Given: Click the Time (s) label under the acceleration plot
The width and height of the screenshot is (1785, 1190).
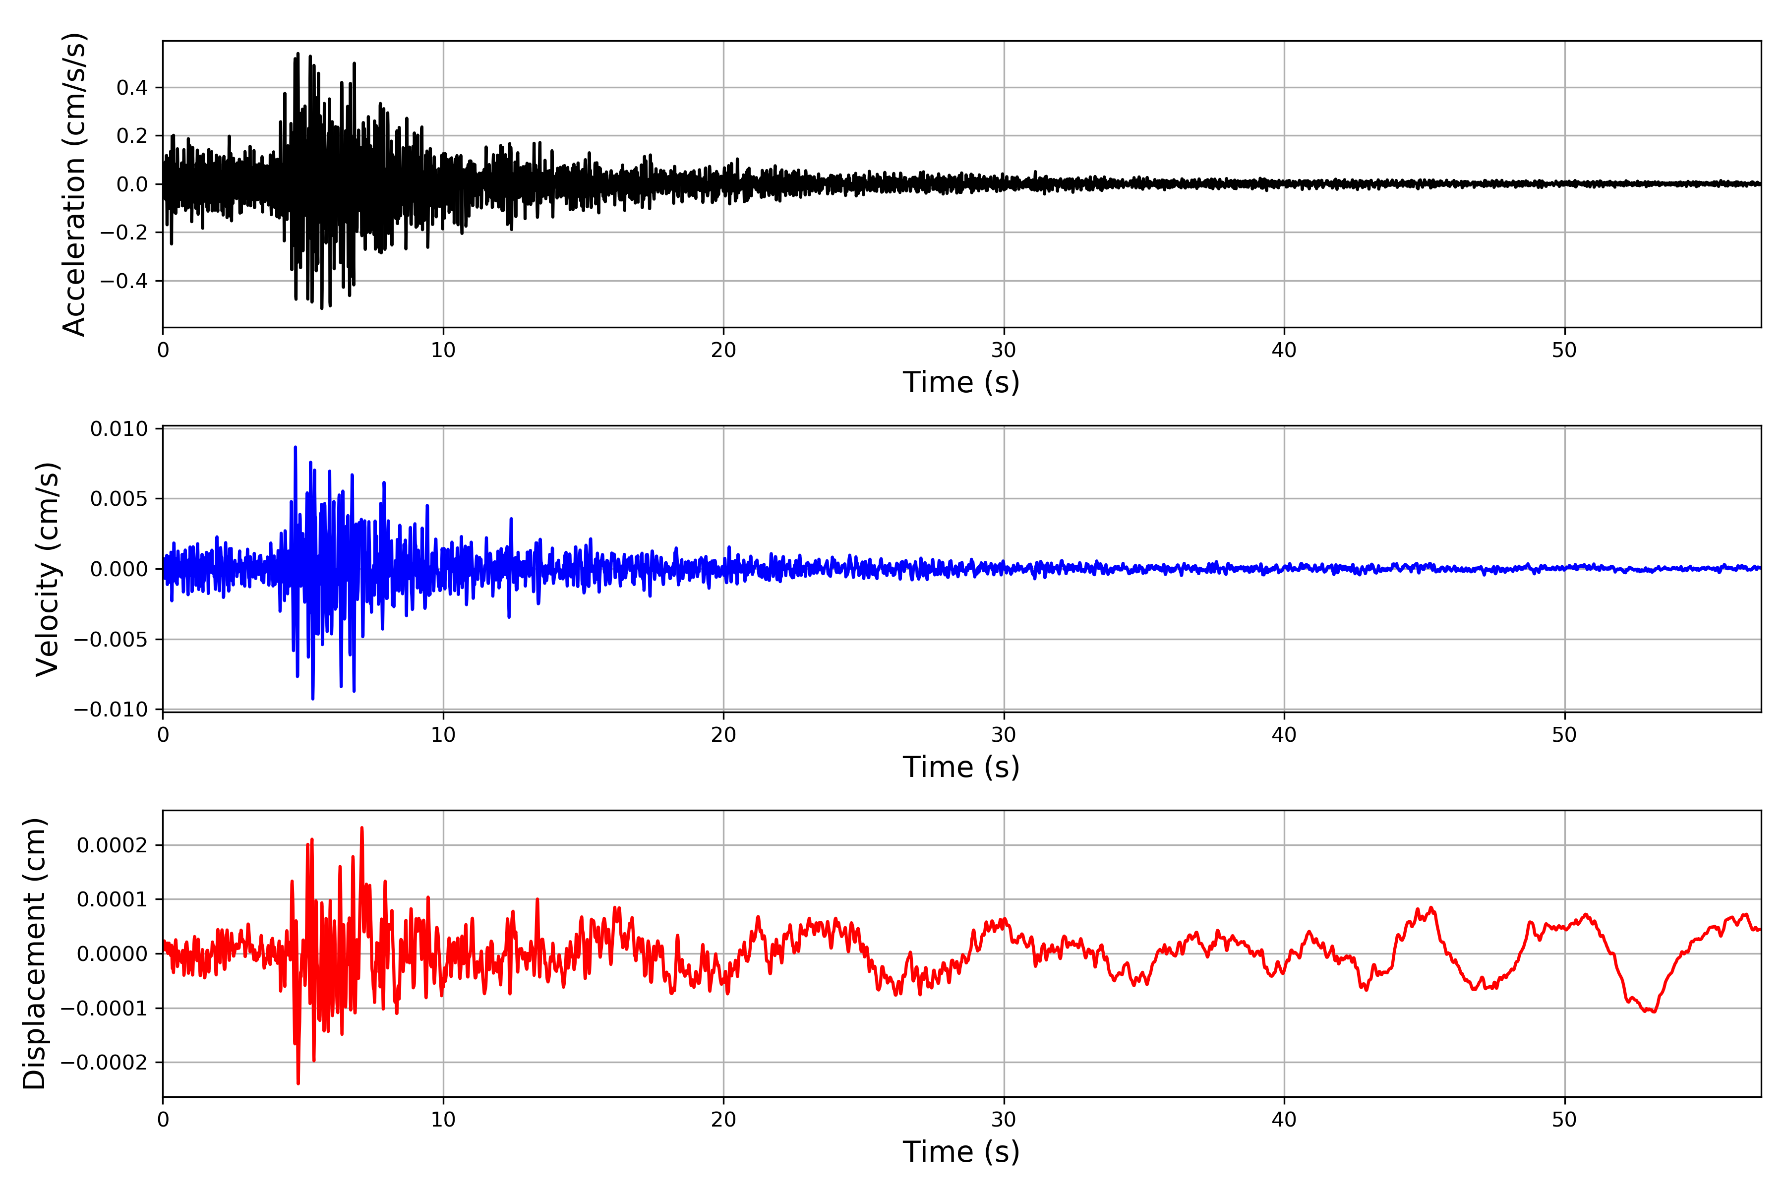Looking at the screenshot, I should [961, 382].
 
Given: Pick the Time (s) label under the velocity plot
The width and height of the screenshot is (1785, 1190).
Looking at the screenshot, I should [961, 767].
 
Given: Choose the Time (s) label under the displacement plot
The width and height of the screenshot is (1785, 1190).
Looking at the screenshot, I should [961, 1151].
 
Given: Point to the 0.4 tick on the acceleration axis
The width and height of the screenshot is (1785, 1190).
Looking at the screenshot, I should [132, 88].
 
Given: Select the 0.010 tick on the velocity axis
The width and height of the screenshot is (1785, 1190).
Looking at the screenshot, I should [119, 429].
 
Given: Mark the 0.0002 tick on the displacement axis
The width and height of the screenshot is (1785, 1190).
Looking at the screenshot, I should [113, 845].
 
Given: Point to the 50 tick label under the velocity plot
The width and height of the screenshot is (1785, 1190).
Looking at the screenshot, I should [1564, 735].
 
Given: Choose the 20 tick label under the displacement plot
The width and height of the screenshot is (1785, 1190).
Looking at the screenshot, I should [723, 1120].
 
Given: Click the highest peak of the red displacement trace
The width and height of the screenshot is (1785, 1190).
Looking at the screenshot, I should [362, 828].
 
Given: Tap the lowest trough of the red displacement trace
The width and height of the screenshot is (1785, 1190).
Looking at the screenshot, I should [298, 1083].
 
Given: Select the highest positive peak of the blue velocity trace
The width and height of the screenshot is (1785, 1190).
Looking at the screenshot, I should [295, 447].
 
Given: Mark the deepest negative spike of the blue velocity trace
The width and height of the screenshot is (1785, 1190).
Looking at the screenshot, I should [313, 698].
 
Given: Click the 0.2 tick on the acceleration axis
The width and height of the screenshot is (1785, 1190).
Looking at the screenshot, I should [132, 136].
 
